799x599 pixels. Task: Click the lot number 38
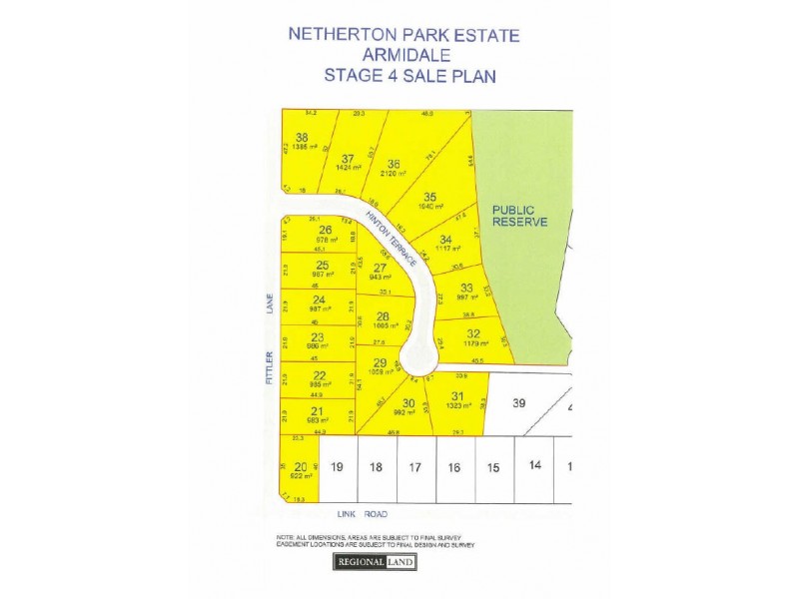[302, 138]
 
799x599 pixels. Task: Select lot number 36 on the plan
[394, 164]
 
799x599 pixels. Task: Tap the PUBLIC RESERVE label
[519, 216]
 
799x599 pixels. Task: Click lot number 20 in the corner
[301, 466]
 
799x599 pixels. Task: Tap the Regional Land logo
[375, 562]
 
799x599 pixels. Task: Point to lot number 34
[445, 239]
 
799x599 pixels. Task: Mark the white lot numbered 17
[415, 466]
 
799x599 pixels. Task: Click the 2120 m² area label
[394, 173]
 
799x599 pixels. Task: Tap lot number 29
[380, 362]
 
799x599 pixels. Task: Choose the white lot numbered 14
[534, 465]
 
